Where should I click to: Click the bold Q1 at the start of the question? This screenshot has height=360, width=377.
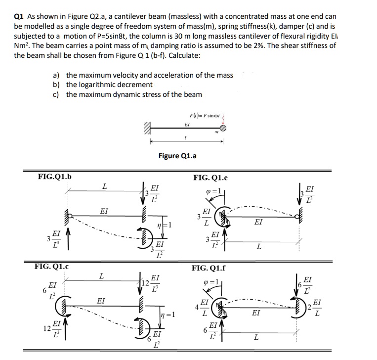tap(20, 16)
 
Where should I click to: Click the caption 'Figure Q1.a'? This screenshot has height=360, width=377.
tap(177, 156)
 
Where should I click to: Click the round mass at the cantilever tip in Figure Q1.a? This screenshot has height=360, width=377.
tap(223, 128)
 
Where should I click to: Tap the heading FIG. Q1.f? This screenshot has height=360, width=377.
tap(209, 269)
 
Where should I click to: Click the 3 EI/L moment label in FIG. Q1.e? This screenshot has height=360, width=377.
tap(203, 217)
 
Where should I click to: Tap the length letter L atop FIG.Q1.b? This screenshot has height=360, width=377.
tap(104, 186)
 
